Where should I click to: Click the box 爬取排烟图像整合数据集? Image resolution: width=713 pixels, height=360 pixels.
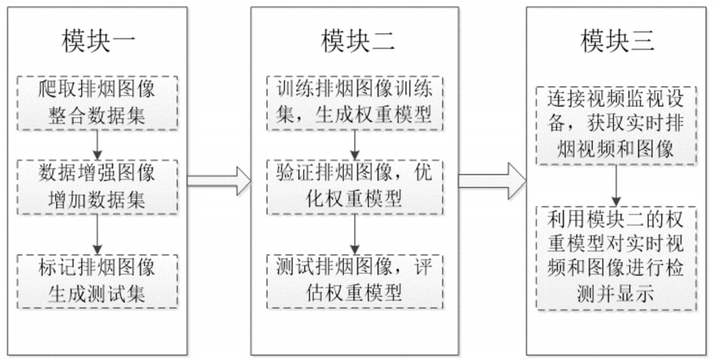pos(97,104)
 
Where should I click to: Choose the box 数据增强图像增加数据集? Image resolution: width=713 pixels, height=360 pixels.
pos(97,187)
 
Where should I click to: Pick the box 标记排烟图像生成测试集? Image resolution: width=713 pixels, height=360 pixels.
pos(97,282)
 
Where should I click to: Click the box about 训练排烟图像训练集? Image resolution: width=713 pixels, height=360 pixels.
pos(355,104)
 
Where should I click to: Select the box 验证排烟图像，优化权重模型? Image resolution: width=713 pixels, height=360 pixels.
pos(355,187)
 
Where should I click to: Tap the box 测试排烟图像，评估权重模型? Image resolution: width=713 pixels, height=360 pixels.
pos(355,282)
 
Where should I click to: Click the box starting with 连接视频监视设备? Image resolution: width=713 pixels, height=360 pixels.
pos(617,126)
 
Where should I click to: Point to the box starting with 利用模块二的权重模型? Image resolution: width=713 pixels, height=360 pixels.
pos(617,258)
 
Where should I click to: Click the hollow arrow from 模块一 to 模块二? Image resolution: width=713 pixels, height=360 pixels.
pos(219,181)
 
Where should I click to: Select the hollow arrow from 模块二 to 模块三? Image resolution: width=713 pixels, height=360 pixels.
pos(492,181)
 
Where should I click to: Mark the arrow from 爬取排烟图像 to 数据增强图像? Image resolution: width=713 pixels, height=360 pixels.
pos(97,145)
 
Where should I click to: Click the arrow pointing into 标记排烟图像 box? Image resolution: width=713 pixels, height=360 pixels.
pos(97,234)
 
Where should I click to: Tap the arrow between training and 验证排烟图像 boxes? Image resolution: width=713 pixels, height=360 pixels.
pos(355,145)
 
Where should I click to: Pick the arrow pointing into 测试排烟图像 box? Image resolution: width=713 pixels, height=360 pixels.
pos(355,234)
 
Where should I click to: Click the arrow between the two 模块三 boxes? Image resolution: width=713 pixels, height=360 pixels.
pos(617,185)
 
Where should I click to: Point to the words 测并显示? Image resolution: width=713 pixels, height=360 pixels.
pos(616,295)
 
